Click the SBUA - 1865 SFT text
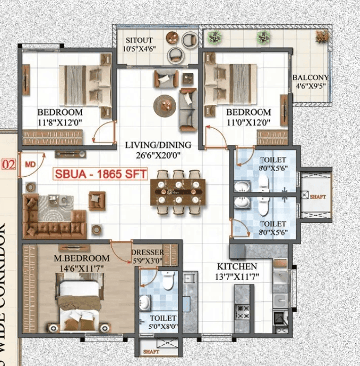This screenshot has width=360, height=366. (x=101, y=175)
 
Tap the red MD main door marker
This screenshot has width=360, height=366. (x=30, y=165)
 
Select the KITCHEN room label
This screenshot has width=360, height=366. (x=237, y=266)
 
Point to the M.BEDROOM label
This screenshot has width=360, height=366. (x=75, y=258)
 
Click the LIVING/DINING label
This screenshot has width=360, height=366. (x=158, y=145)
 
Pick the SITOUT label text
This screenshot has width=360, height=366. (x=139, y=40)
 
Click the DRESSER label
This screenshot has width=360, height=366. (x=147, y=253)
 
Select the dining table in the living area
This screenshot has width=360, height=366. (x=180, y=193)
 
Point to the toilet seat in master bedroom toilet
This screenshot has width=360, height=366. (x=169, y=279)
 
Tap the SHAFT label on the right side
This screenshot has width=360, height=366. (x=318, y=197)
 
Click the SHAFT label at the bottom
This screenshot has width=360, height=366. (x=151, y=351)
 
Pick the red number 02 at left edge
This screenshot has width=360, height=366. (x=8, y=165)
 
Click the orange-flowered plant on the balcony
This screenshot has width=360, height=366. (x=322, y=36)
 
